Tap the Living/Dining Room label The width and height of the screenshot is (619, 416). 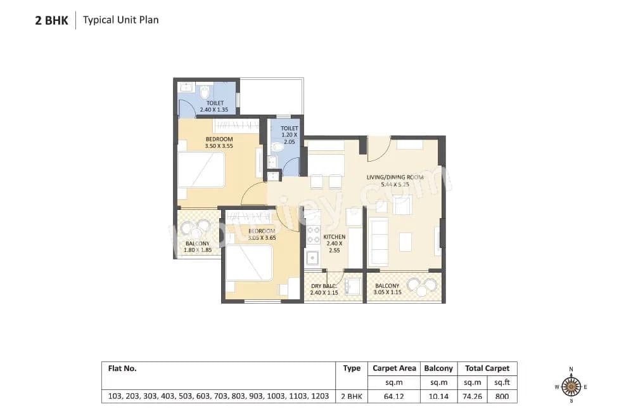[395, 178]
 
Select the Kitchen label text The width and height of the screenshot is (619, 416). [335, 237]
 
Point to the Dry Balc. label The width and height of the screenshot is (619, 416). [323, 286]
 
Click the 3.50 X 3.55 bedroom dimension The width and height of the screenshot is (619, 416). [219, 146]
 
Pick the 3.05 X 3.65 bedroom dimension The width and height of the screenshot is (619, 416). [261, 238]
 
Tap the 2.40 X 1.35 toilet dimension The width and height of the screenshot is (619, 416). [214, 110]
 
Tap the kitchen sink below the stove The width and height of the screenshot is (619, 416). [312, 259]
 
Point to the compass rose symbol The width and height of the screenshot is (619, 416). [571, 385]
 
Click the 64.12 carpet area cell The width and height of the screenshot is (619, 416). [394, 396]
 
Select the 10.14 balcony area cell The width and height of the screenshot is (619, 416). [438, 396]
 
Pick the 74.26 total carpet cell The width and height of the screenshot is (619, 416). [473, 396]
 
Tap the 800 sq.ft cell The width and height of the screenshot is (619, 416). [502, 396]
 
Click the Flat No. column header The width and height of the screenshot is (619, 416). [122, 368]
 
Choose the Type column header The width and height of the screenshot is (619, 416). [352, 368]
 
